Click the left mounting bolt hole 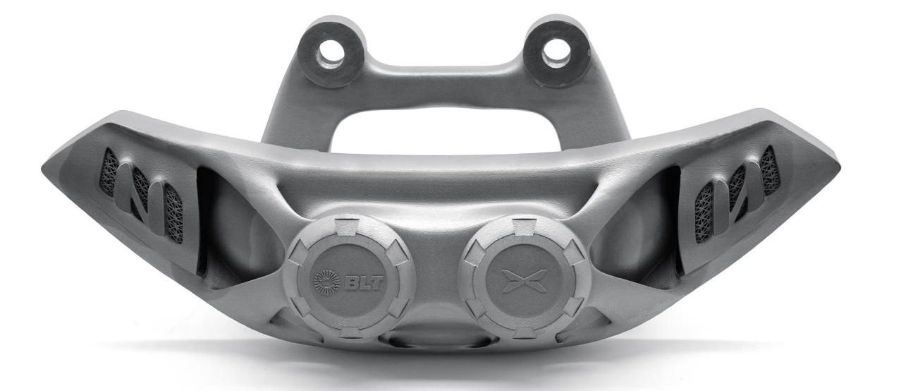(331, 53)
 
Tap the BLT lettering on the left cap (364, 284)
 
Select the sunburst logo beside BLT (326, 282)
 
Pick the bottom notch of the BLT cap (350, 332)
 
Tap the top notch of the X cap (525, 227)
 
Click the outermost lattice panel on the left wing (109, 173)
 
